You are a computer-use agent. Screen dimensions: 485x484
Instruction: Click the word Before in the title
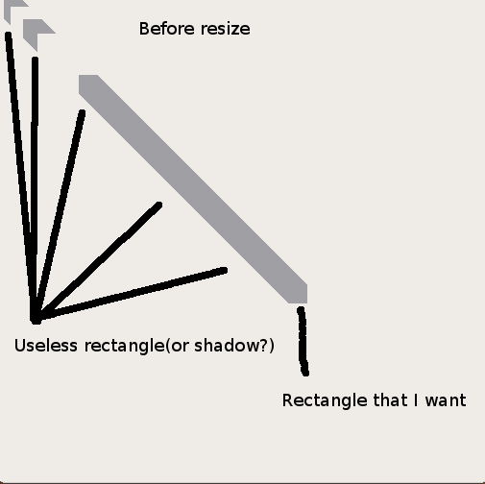pos(166,29)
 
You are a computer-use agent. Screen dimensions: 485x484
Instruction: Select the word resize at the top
pos(226,29)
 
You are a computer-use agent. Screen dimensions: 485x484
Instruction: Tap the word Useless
pos(46,346)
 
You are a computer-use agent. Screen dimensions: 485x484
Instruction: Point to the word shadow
pos(226,346)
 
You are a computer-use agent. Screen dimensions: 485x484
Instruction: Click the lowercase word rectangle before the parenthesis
pos(125,347)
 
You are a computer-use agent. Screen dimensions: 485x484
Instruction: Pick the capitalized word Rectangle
pos(325,400)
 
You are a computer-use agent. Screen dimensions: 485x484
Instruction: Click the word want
pos(446,400)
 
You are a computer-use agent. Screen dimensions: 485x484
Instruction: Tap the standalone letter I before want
pos(416,400)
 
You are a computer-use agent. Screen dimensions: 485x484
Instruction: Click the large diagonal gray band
pos(193,189)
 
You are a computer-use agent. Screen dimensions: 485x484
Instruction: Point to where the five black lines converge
pos(36,319)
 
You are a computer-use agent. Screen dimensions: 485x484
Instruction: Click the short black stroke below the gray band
pos(303,341)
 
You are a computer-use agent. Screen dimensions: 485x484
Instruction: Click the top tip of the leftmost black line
pos(9,35)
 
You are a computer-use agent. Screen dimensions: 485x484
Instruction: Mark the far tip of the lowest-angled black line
pos(225,271)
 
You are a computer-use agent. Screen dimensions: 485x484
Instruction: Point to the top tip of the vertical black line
pos(36,60)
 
